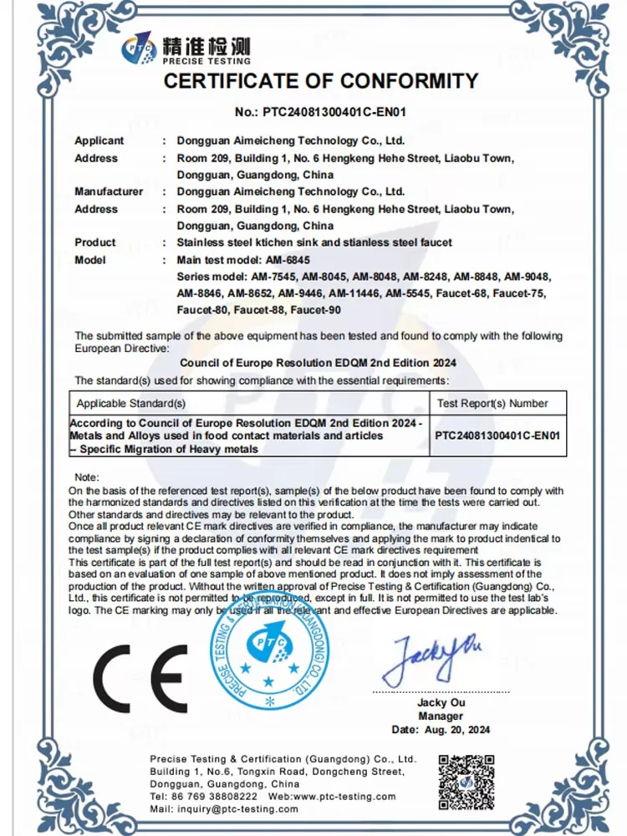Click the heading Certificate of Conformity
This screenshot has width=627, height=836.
320,81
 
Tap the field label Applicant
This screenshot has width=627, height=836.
99,140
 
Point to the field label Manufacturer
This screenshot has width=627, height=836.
109,191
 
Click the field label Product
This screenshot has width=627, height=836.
95,242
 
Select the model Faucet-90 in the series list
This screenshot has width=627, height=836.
314,310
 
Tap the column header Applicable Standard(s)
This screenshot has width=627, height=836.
131,403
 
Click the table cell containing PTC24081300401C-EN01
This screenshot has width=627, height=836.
497,436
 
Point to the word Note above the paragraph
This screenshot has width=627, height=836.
86,477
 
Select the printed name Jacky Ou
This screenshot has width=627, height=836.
441,703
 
